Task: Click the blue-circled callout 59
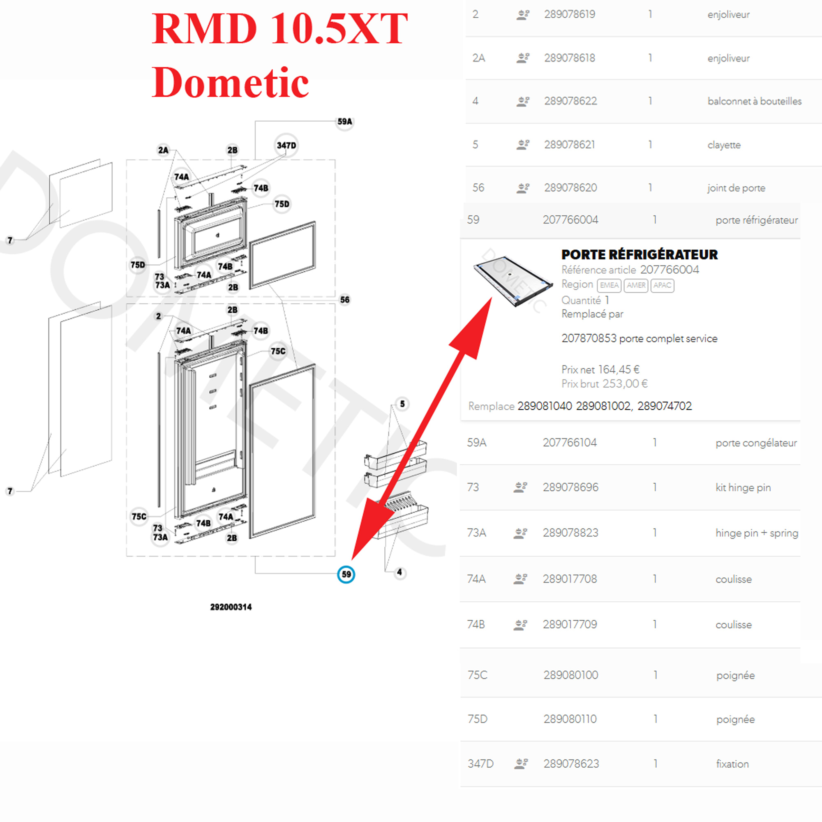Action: (x=346, y=575)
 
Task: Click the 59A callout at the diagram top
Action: (x=345, y=122)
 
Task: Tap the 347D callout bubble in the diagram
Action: (x=286, y=145)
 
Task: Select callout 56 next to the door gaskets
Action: (x=345, y=300)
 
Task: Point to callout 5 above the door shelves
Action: (x=402, y=404)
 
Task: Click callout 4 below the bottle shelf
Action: (x=399, y=572)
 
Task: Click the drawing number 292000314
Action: (x=231, y=607)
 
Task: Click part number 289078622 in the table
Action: (x=570, y=101)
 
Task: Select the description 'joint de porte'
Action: (x=736, y=188)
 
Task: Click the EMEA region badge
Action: (x=609, y=285)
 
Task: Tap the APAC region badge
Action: (x=662, y=285)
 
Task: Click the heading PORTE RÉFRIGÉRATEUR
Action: (x=639, y=254)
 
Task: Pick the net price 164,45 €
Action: (x=619, y=369)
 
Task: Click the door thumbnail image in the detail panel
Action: (x=513, y=280)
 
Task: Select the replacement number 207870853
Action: (x=589, y=338)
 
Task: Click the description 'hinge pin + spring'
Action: (x=757, y=533)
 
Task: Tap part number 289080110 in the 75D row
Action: (x=570, y=719)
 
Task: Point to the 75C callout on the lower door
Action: (x=278, y=351)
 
